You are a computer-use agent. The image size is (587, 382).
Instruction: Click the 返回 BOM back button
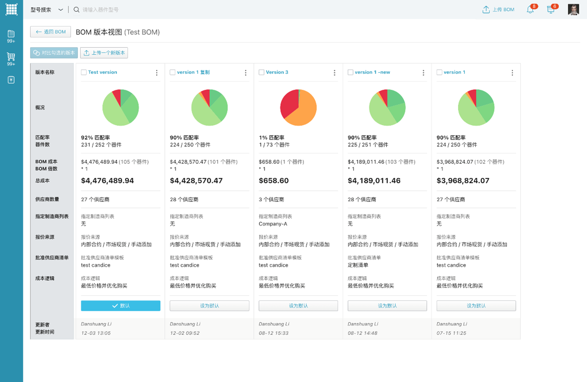(x=50, y=32)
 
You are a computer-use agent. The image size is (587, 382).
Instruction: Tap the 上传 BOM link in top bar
(x=498, y=10)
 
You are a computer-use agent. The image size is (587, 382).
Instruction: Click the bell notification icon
(x=530, y=10)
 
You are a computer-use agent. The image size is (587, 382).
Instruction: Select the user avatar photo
(x=574, y=10)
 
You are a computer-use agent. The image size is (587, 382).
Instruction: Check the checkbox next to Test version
(x=84, y=72)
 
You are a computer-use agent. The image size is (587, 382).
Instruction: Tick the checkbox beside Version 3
(x=262, y=72)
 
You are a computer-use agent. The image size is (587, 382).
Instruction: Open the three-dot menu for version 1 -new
(x=424, y=72)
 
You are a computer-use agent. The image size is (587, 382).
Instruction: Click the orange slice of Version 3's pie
(x=304, y=111)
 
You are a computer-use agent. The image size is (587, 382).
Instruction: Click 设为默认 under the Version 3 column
(x=298, y=306)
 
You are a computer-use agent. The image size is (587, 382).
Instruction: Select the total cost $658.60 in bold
(x=274, y=181)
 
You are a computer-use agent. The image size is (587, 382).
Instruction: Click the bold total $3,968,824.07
(x=463, y=181)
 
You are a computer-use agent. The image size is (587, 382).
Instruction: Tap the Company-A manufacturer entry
(x=273, y=224)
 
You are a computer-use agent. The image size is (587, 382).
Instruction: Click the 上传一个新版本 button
(x=104, y=53)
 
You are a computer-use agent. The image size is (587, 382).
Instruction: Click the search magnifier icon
(x=77, y=10)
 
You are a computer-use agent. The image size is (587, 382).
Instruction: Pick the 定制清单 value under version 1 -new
(x=358, y=265)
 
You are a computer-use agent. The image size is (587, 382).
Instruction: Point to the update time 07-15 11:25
(x=451, y=333)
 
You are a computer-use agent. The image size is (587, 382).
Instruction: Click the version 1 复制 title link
(x=193, y=72)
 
